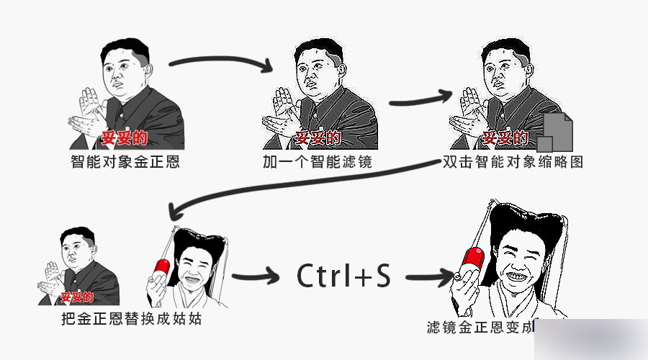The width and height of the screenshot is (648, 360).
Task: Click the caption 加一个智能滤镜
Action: point(317,161)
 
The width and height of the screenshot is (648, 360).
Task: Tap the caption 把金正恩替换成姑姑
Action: point(132,318)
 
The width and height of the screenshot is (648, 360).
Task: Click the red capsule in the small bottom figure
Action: point(159,264)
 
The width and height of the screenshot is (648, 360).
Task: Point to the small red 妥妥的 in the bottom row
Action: point(76,296)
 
